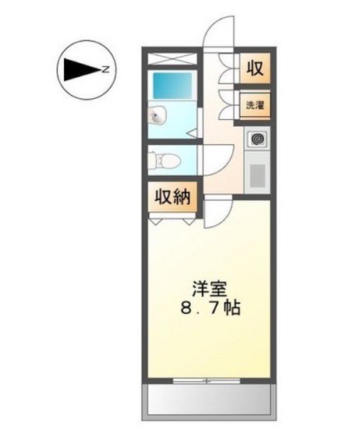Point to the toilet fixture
pyautogui.click(x=165, y=160)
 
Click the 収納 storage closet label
pyautogui.click(x=171, y=197)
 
